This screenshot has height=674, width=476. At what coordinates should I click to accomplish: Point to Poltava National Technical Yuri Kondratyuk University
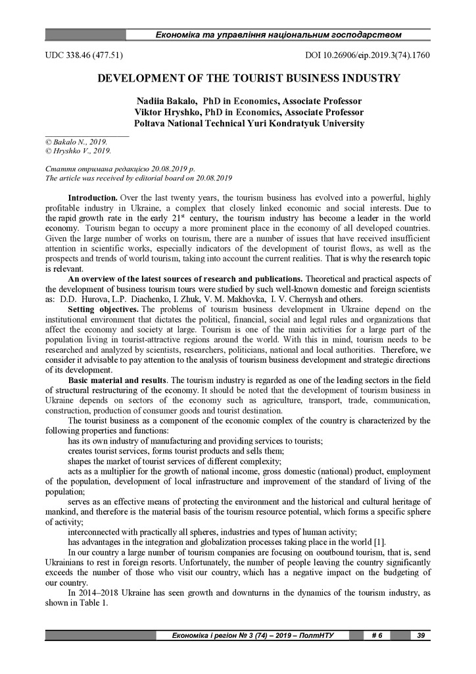tap(249, 123)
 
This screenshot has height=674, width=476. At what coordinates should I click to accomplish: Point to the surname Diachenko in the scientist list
tap(153, 299)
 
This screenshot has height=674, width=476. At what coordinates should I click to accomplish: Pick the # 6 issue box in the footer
tap(377, 635)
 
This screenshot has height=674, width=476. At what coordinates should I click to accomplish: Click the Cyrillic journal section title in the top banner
tap(278, 34)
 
